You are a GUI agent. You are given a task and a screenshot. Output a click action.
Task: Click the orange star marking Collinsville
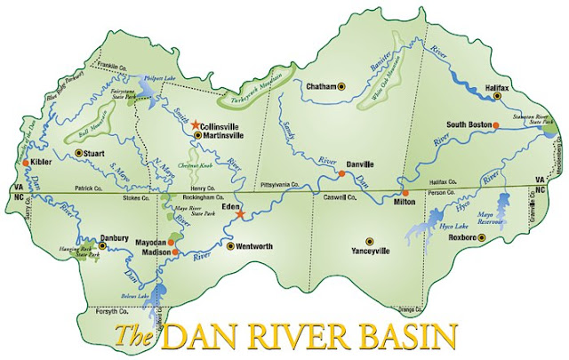[x=196, y=126]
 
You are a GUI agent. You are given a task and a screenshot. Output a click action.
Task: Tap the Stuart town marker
[x=78, y=153]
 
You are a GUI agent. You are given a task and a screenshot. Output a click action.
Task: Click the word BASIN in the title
[x=405, y=339]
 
